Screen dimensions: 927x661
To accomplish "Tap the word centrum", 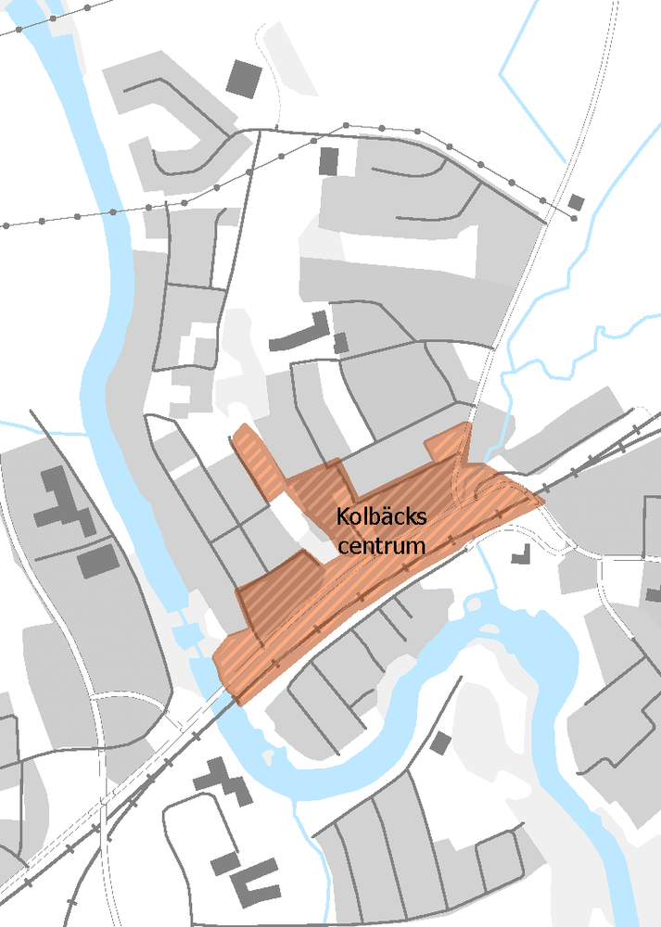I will click(x=381, y=545).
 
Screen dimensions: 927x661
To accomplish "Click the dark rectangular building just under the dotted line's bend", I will click(x=328, y=161).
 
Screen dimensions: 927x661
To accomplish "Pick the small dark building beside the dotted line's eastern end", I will click(x=577, y=202).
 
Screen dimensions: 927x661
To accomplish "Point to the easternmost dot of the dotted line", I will click(x=574, y=219).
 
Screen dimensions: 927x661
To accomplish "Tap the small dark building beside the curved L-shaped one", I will click(x=340, y=343).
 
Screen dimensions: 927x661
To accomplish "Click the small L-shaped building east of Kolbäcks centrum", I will click(x=519, y=555).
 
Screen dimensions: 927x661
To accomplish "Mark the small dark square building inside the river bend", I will click(x=440, y=743).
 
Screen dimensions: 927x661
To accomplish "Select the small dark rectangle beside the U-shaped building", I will click(x=224, y=865).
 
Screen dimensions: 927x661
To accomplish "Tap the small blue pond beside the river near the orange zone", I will click(x=185, y=635).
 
